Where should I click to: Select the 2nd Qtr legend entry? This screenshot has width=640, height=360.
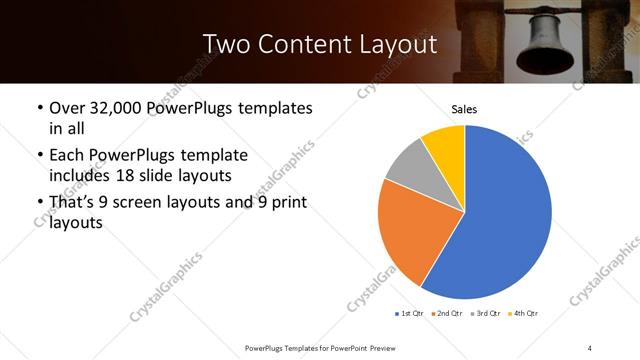[447, 314]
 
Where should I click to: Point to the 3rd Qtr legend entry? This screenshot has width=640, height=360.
[486, 314]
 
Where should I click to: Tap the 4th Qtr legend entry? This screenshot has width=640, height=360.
[525, 314]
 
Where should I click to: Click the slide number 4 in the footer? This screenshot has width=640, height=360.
[590, 347]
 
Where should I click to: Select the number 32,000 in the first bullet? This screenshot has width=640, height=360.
[114, 108]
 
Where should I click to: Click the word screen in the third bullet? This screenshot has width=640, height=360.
[143, 204]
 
